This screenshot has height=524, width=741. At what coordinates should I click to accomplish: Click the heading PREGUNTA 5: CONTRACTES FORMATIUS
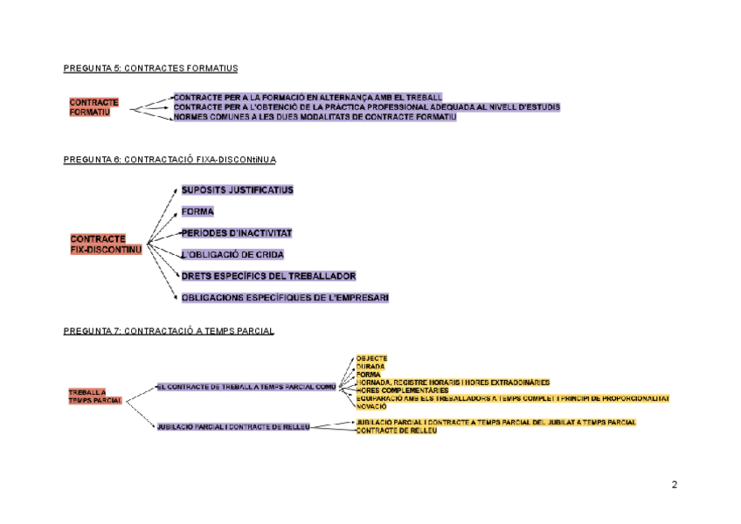click(150, 68)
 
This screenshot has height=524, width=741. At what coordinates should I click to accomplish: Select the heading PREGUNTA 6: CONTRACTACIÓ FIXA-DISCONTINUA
click(170, 160)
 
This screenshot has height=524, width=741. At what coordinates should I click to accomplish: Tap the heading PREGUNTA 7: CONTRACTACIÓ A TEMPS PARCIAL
click(169, 331)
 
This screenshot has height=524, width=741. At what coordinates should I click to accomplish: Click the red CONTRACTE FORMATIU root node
click(93, 107)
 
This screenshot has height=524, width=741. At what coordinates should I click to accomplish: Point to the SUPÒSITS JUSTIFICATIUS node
click(237, 190)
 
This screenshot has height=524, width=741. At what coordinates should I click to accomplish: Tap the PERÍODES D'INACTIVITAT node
click(236, 233)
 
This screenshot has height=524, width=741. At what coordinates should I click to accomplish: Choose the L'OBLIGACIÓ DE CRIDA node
click(232, 254)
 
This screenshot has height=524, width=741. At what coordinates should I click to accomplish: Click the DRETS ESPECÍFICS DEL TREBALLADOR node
click(268, 276)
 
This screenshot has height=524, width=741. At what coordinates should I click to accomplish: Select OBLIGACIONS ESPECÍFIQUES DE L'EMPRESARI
click(285, 298)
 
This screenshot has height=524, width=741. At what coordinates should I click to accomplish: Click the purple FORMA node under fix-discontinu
click(197, 211)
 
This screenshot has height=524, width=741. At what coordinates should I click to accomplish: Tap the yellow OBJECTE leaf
click(371, 359)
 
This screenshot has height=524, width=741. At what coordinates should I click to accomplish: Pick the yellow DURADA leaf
click(370, 367)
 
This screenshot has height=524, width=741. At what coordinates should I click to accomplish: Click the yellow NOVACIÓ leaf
click(371, 406)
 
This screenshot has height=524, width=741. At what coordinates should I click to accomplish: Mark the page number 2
click(674, 485)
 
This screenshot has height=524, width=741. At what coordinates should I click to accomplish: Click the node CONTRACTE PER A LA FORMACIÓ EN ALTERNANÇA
click(308, 97)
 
